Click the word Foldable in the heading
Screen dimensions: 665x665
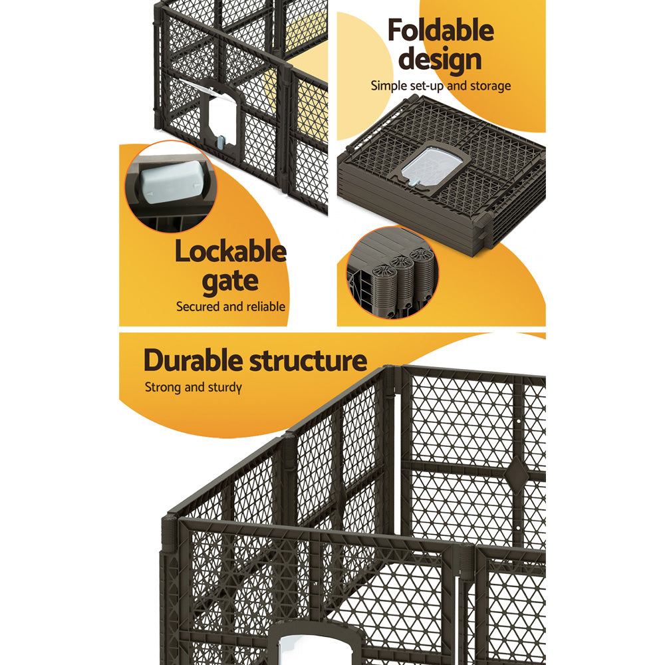440,31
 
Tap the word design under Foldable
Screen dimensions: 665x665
440,60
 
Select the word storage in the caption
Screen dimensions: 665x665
488,85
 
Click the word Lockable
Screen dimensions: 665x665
230,253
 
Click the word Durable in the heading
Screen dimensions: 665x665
193,361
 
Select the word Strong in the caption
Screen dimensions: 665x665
163,387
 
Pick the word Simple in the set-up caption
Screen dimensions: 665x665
388,85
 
